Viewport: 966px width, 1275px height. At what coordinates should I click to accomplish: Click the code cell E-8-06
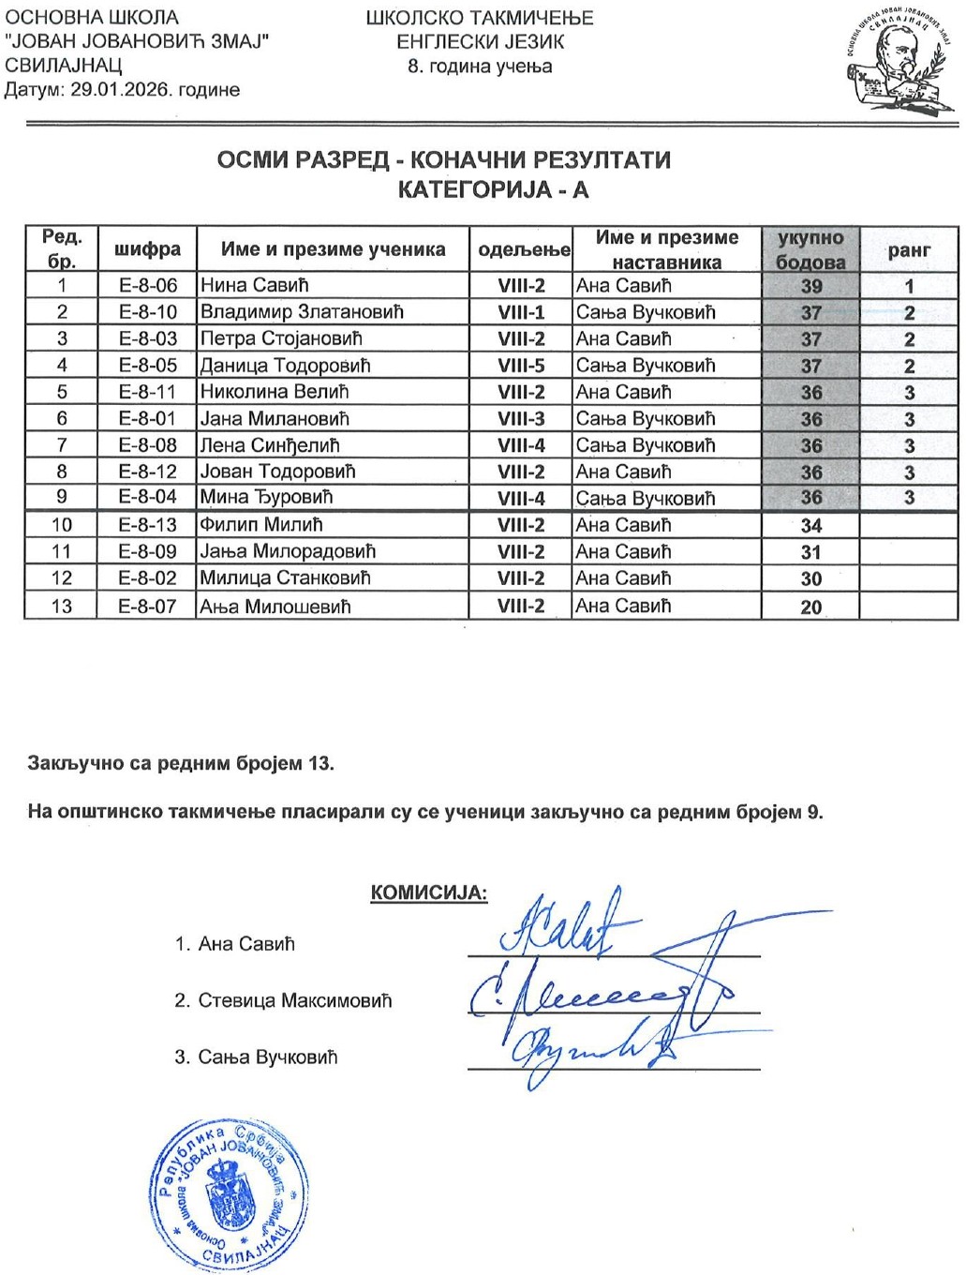pyautogui.click(x=147, y=286)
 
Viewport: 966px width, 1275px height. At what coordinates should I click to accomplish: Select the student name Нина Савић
pyautogui.click(x=254, y=286)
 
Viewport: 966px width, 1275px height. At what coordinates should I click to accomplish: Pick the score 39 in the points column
pyautogui.click(x=810, y=286)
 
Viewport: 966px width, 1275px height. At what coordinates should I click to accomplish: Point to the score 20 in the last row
pyautogui.click(x=810, y=607)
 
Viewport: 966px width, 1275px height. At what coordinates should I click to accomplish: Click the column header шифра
pyautogui.click(x=147, y=249)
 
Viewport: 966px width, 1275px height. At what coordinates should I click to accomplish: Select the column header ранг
pyautogui.click(x=909, y=249)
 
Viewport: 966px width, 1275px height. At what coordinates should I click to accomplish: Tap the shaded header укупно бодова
pyautogui.click(x=810, y=249)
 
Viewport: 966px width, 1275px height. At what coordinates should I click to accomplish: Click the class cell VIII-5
pyautogui.click(x=521, y=366)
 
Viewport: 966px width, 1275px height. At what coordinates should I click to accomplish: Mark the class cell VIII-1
pyautogui.click(x=521, y=312)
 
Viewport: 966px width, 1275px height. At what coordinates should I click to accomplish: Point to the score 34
pyautogui.click(x=810, y=526)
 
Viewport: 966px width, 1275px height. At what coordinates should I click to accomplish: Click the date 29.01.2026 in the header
pyautogui.click(x=119, y=90)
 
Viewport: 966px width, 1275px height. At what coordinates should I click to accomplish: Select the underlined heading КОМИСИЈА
pyautogui.click(x=429, y=892)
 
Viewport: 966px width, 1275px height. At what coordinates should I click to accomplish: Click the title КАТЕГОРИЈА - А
pyautogui.click(x=493, y=189)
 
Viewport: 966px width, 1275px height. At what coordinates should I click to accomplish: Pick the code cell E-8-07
pyautogui.click(x=147, y=607)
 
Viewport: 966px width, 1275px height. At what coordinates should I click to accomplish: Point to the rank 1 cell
pyautogui.click(x=909, y=286)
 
